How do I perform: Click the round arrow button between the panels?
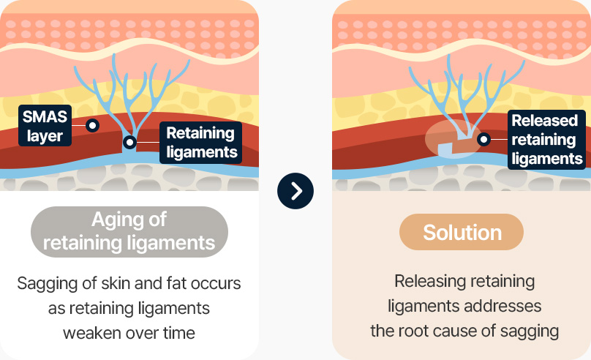point(295,191)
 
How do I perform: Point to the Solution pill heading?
point(462,233)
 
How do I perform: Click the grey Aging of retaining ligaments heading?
point(129,231)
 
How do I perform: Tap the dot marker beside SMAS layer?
point(92,125)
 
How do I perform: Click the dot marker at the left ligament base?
point(129,143)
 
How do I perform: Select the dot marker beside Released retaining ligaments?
point(483,138)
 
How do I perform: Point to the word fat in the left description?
point(187,283)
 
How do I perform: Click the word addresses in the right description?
point(503,306)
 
